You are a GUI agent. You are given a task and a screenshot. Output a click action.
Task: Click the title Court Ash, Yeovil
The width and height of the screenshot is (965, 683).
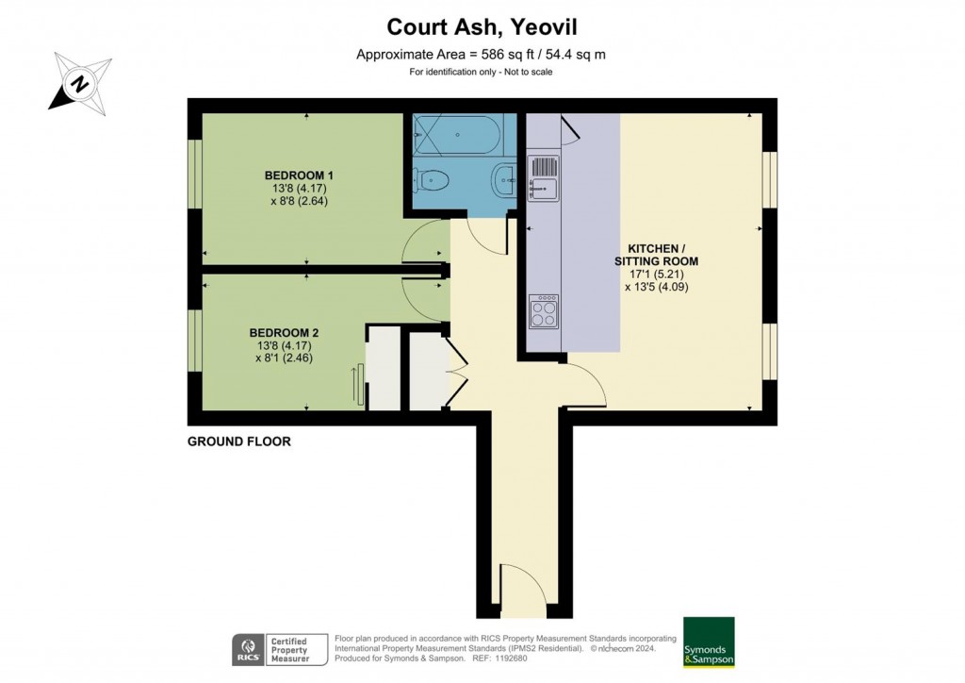pyautogui.click(x=481, y=28)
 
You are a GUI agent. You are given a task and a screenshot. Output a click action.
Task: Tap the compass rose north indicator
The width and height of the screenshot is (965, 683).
pyautogui.click(x=82, y=83)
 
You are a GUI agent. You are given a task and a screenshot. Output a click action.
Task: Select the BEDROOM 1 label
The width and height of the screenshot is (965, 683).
pyautogui.click(x=299, y=175)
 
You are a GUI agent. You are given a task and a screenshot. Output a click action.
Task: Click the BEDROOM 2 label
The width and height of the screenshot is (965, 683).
pyautogui.click(x=284, y=333)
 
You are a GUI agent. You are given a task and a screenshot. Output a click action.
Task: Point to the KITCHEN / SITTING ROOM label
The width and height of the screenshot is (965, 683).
pyautogui.click(x=657, y=254)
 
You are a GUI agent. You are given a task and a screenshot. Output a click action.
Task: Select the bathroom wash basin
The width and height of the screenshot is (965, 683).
pyautogui.click(x=504, y=176)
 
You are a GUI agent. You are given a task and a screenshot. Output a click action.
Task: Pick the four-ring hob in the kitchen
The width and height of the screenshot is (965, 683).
pyautogui.click(x=544, y=310)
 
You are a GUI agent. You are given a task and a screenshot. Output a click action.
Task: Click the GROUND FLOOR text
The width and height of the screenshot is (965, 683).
pyautogui.click(x=238, y=441)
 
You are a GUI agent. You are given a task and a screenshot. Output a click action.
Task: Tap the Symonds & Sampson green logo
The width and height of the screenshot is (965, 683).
pyautogui.click(x=709, y=642)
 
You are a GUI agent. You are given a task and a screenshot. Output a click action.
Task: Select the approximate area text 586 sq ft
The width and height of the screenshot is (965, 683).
pyautogui.click(x=481, y=55)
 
